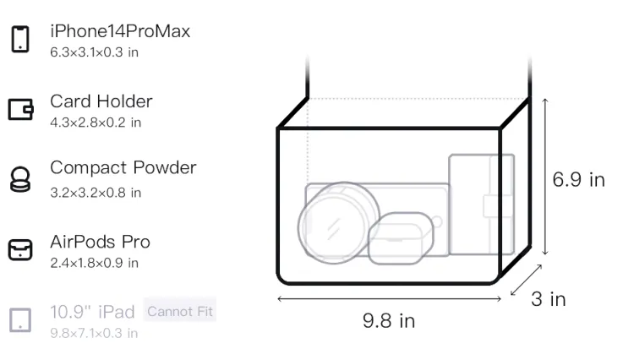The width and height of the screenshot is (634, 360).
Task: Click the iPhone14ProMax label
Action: click(x=120, y=31)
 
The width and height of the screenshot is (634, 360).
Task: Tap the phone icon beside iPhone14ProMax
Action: click(x=20, y=39)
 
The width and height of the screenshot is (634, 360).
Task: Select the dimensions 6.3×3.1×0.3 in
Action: click(x=94, y=52)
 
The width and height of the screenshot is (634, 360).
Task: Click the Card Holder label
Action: click(x=101, y=101)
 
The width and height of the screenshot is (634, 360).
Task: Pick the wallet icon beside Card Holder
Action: click(x=20, y=109)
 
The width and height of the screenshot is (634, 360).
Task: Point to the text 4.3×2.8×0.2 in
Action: click(x=96, y=123)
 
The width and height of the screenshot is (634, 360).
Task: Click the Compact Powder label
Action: click(x=123, y=167)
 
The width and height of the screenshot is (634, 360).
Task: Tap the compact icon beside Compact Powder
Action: click(x=20, y=179)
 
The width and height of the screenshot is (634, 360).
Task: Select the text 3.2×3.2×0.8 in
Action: click(x=96, y=193)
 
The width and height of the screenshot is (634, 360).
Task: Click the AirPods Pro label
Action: click(x=101, y=242)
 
